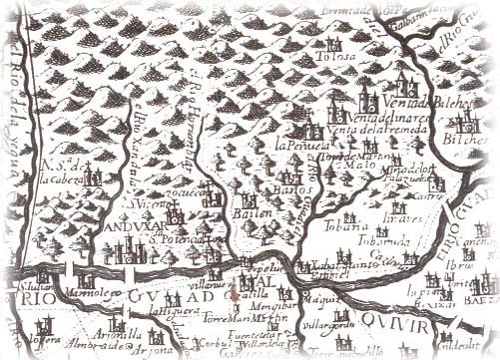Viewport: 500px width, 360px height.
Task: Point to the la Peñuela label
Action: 296,147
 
